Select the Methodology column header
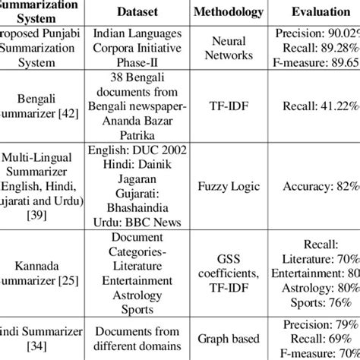tap(229, 13)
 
